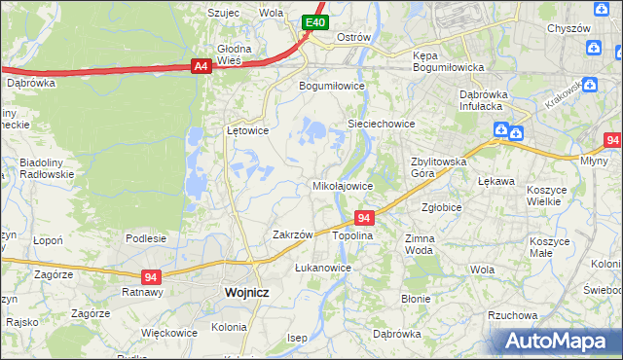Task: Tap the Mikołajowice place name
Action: [342, 185]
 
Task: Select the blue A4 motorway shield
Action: [201, 66]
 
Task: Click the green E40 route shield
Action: [313, 22]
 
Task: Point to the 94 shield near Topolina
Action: [364, 219]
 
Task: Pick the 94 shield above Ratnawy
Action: [150, 276]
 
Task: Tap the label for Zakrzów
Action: [292, 234]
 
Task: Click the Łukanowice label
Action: [322, 267]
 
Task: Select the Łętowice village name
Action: [247, 129]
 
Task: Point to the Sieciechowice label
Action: [382, 125]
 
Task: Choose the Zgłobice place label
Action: [441, 207]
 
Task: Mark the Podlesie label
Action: [146, 237]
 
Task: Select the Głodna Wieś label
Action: [235, 54]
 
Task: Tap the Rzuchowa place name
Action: [513, 315]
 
